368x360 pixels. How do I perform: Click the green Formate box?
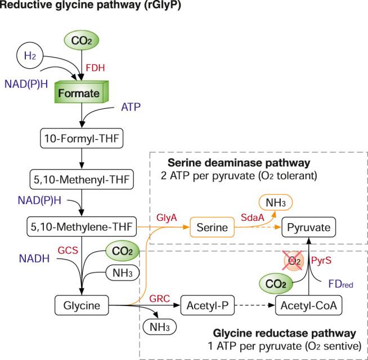(82, 92)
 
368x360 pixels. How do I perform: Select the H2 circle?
(30, 56)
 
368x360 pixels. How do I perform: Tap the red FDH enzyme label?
(95, 68)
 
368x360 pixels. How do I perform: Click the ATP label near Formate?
(131, 107)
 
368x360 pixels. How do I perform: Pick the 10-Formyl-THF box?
(82, 138)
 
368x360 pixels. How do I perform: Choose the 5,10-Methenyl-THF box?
(82, 180)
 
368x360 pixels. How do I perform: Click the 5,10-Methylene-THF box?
(82, 226)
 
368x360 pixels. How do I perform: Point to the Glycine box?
(82, 305)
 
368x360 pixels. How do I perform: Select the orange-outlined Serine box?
(212, 227)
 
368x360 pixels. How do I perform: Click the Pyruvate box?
(308, 227)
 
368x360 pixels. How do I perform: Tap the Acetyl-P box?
(208, 305)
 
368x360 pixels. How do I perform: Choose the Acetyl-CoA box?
(308, 305)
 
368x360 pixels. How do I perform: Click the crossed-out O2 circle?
(294, 261)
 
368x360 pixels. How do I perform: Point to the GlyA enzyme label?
(167, 217)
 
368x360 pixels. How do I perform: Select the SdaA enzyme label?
(253, 217)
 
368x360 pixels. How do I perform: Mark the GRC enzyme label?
(160, 299)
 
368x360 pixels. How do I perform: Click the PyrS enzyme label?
(321, 260)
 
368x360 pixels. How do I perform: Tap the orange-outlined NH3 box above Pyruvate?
(276, 202)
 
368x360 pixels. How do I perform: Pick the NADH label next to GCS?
(34, 259)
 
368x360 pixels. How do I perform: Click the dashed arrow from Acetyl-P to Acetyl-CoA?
(255, 305)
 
